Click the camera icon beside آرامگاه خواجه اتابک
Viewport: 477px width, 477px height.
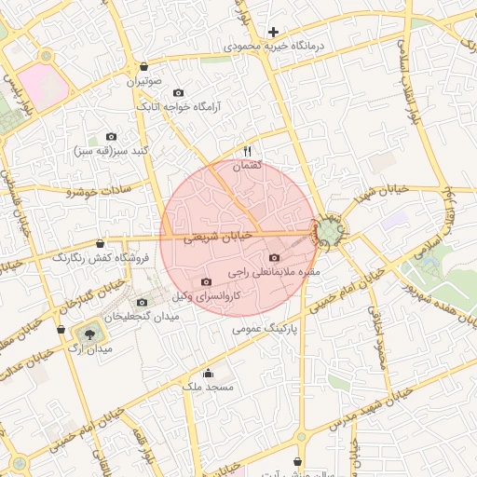[179, 92]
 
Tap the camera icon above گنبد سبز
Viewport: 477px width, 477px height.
[112, 137]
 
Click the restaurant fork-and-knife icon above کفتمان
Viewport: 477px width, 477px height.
[247, 151]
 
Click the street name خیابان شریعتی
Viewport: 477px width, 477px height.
[218, 238]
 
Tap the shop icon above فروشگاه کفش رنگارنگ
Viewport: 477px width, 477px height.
[101, 243]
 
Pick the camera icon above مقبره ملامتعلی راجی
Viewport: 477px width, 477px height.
[274, 258]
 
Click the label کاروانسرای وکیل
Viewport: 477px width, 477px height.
[207, 295]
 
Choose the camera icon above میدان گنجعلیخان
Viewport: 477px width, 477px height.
[142, 302]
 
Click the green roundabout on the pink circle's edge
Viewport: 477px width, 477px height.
[329, 230]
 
